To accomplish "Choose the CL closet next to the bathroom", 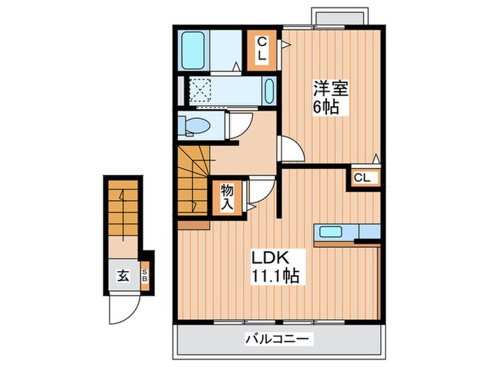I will point(261,48).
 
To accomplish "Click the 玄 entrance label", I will point(122,275).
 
